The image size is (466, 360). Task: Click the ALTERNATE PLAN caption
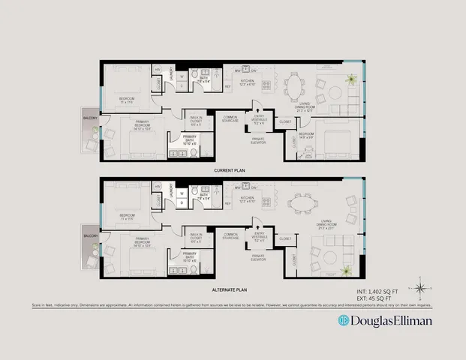coord(230,289)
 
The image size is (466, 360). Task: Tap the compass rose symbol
coord(422,289)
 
